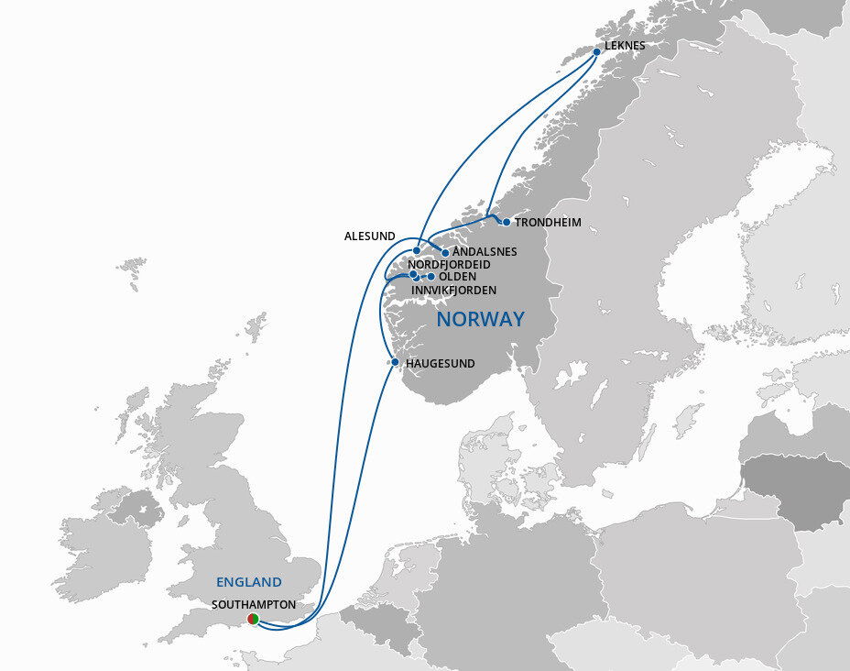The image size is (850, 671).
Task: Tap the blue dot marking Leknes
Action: tap(596, 52)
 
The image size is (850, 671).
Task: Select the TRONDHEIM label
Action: tap(548, 223)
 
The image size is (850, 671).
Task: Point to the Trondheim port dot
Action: tap(507, 222)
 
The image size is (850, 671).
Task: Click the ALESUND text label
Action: tap(370, 236)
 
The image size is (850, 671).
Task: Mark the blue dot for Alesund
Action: tap(417, 250)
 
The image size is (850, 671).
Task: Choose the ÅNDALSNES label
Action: tap(485, 251)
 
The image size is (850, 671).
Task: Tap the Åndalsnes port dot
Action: tap(446, 252)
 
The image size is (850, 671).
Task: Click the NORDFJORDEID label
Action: tap(449, 264)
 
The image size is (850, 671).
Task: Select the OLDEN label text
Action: tap(457, 277)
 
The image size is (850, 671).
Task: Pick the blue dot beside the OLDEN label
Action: tap(431, 276)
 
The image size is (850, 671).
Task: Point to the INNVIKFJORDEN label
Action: tap(453, 291)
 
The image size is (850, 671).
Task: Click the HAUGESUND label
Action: tap(440, 364)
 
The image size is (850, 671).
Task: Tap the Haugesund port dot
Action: tap(395, 362)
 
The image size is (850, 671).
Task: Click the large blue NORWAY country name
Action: tap(480, 320)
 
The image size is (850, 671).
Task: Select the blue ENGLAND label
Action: tap(248, 582)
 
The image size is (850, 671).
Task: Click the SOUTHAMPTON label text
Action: tap(253, 605)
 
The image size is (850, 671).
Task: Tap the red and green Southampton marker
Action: tap(253, 621)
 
